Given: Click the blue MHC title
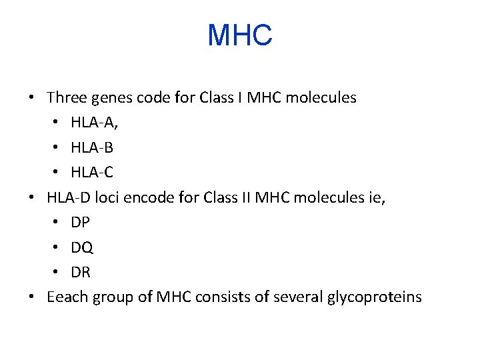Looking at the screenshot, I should coord(240,35).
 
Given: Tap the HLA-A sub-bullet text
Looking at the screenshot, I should coord(93,123).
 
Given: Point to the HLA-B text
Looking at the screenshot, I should coord(91,147).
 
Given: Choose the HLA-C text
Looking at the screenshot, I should coord(91,173).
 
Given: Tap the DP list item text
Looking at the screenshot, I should coord(80,223).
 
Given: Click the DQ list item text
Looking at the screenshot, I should coord(81,247).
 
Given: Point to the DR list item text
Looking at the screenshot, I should coord(81,272).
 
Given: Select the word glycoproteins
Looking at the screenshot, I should coord(374,297).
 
